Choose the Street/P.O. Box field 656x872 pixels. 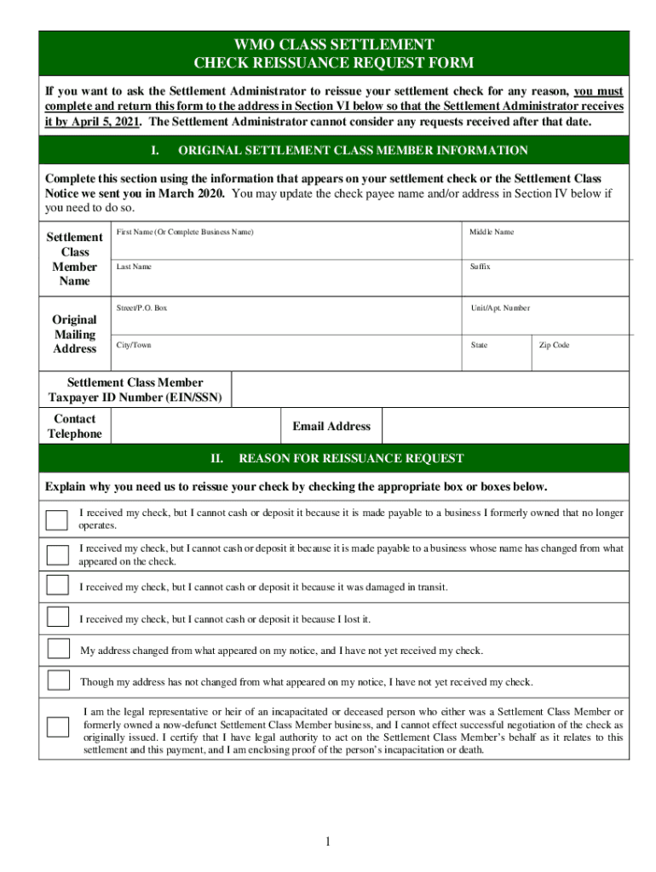click(286, 320)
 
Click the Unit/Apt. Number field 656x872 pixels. click(545, 320)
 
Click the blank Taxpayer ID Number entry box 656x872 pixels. click(429, 390)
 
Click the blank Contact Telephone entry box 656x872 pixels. click(196, 427)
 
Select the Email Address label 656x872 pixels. click(331, 427)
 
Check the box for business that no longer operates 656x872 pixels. click(58, 519)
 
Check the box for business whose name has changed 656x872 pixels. click(58, 554)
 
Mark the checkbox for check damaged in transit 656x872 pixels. click(58, 586)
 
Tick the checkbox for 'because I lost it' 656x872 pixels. click(58, 617)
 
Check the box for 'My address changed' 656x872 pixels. click(58, 649)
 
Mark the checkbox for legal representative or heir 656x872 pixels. click(58, 727)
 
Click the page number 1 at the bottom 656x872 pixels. click(327, 842)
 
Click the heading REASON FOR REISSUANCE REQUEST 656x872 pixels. click(350, 458)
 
